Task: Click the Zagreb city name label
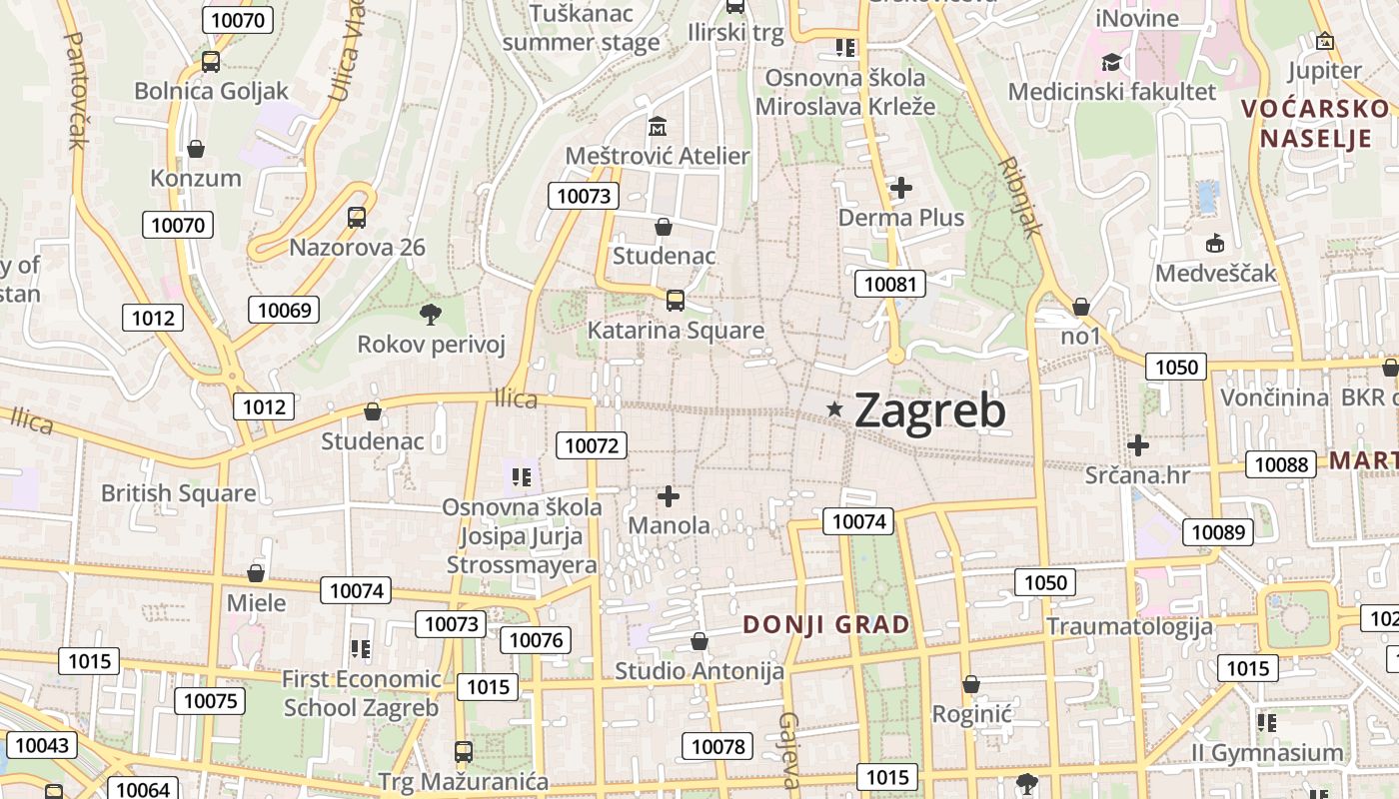pos(929,409)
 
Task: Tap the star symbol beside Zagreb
pos(834,408)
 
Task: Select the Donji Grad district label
pos(826,625)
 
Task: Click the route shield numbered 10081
pos(890,284)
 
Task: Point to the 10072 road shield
pos(592,445)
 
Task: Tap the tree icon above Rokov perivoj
pos(431,315)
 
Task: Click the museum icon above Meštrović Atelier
pos(658,127)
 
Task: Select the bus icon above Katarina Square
pos(676,300)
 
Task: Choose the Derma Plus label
pos(901,218)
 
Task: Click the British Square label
pos(179,493)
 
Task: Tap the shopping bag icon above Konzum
pos(196,149)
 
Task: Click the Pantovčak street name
pos(75,90)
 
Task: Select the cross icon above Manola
pos(669,495)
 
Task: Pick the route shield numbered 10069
pos(285,310)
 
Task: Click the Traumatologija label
pos(1129,626)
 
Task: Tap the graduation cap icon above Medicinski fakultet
pos(1111,63)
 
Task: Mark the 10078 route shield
pos(718,746)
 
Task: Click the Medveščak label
pos(1216,273)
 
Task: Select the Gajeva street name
pos(789,750)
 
